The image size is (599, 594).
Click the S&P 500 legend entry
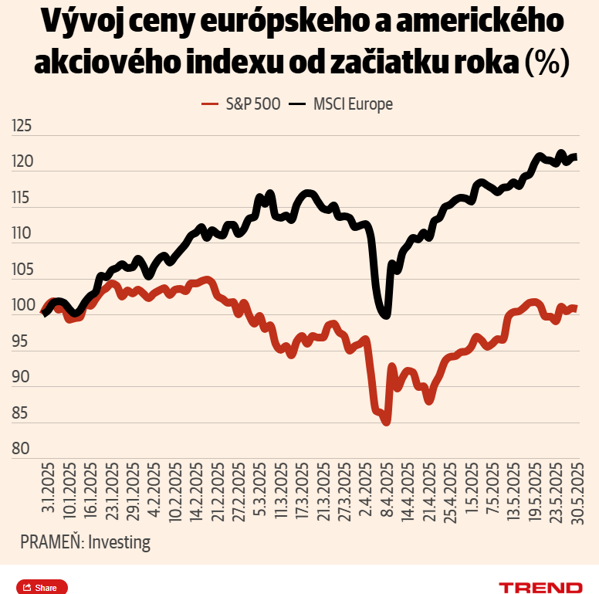coord(241,104)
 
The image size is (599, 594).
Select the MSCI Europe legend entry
coord(340,104)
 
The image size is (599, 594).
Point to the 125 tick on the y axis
coord(22,126)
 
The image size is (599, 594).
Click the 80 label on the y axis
coord(21,448)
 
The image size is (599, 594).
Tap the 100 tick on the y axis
coord(23,305)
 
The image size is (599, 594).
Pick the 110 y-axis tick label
coord(22,233)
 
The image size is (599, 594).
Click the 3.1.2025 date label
coord(48,487)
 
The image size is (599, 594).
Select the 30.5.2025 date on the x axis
coord(577,494)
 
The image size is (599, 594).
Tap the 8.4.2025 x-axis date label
coord(387,490)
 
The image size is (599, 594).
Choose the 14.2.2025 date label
coord(196,492)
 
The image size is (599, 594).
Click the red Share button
coord(42,588)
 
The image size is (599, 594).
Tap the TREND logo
coord(540,588)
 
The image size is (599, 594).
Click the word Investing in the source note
coord(119,542)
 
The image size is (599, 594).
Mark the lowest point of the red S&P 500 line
coord(386,423)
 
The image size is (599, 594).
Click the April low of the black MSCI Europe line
coord(386,316)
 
